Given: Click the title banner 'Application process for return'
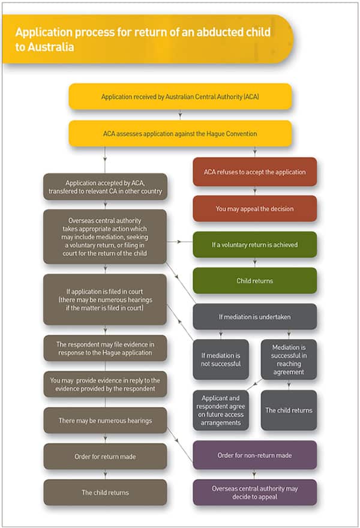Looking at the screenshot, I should (x=144, y=38).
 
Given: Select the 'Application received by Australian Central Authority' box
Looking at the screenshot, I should (x=180, y=97).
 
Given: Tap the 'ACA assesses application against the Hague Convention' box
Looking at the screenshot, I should (x=180, y=134).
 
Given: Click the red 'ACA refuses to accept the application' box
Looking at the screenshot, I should (x=254, y=172).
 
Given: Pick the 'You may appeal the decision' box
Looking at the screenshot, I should (x=254, y=209).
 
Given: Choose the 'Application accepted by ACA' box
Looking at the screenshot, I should (x=105, y=187).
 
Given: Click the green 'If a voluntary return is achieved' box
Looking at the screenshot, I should (x=254, y=245).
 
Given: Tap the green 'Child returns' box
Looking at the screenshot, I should (x=254, y=280).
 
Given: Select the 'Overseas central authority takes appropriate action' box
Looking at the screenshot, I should (x=105, y=236).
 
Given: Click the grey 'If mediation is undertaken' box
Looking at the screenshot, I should (x=254, y=316).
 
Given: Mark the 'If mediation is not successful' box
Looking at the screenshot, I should (x=220, y=359).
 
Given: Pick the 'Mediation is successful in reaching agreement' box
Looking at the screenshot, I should (x=289, y=359).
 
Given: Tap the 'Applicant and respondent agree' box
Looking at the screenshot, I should (x=220, y=410).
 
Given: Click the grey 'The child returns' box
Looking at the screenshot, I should (x=289, y=410).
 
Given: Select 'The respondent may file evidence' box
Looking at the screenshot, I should (x=105, y=349).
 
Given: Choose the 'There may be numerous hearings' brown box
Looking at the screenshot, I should (x=105, y=421).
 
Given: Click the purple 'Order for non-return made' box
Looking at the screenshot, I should (x=254, y=455).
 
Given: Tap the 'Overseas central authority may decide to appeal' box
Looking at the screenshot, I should (x=254, y=492).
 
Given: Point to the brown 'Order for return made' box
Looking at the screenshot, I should (x=105, y=457).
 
